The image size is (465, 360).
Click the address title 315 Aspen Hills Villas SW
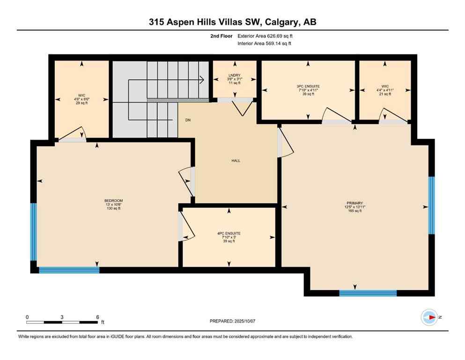232,22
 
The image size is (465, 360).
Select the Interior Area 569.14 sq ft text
265,44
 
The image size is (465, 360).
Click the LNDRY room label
235,75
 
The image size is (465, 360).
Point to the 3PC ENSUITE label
308,86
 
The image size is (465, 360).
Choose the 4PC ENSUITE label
229,233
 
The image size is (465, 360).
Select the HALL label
236,160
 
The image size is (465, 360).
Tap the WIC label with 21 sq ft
385,86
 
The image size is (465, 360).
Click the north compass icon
429,317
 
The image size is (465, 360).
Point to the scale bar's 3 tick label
62,317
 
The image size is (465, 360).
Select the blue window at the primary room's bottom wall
368,293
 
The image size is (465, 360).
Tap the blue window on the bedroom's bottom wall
69,270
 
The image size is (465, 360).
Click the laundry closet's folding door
243,108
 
